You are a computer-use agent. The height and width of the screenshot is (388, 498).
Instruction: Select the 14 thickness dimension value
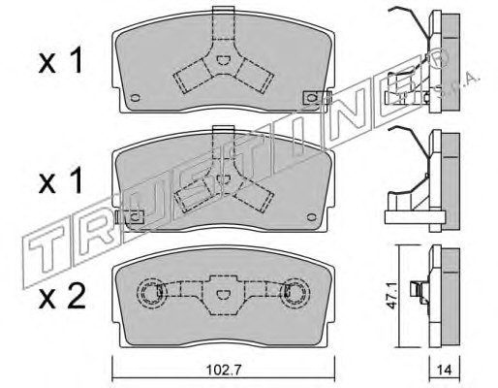click(445, 370)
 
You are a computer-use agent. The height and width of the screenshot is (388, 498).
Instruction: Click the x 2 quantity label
click(62, 296)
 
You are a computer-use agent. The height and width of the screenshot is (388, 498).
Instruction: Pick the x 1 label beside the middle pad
click(61, 181)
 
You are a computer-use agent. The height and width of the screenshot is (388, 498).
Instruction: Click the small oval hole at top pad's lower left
click(135, 98)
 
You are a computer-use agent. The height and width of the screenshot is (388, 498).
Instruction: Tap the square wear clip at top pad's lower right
click(312, 98)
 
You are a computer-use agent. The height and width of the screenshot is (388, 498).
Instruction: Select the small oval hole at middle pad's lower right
click(312, 217)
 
